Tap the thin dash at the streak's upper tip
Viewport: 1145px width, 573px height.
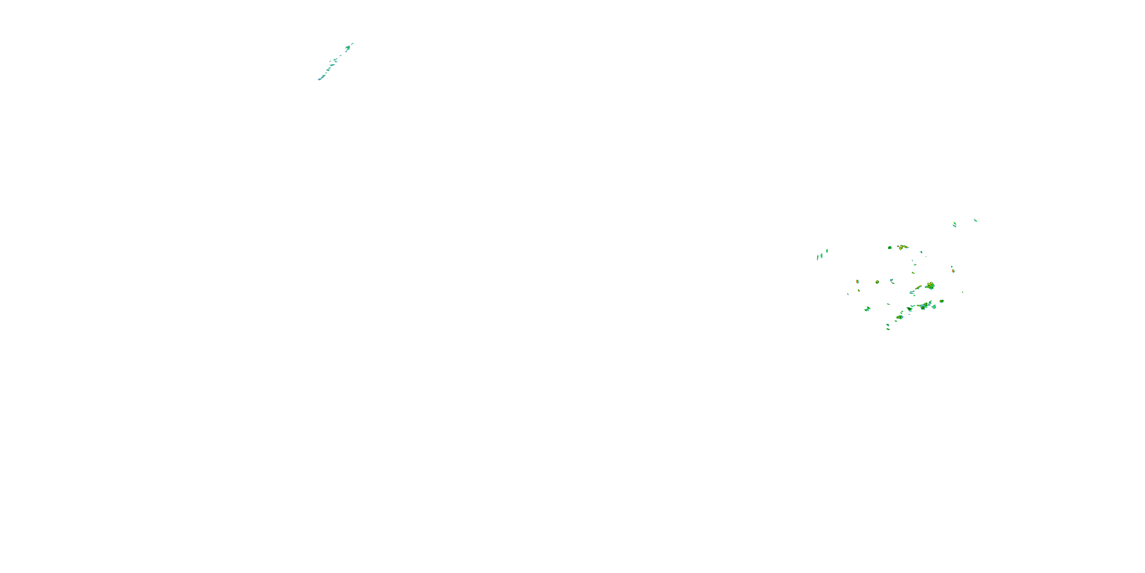pyautogui.click(x=352, y=44)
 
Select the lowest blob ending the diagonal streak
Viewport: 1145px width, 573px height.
pyautogui.click(x=319, y=79)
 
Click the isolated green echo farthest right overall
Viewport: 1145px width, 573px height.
pyautogui.click(x=975, y=220)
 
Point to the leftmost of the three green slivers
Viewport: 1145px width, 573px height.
pyautogui.click(x=818, y=257)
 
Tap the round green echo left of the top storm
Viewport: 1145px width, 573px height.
pyautogui.click(x=890, y=248)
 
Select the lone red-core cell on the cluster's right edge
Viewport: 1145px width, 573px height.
pyautogui.click(x=953, y=270)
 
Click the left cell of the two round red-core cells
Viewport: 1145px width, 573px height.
pyautogui.click(x=858, y=282)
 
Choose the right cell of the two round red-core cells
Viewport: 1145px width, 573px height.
pyautogui.click(x=877, y=282)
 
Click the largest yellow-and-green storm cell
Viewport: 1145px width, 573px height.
pyautogui.click(x=931, y=286)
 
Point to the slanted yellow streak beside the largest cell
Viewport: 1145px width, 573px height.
pyautogui.click(x=919, y=288)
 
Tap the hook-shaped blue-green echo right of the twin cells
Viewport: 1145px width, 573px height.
pyautogui.click(x=892, y=281)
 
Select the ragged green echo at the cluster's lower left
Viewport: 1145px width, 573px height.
pyautogui.click(x=867, y=309)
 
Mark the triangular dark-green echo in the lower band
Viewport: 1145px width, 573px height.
pyautogui.click(x=910, y=309)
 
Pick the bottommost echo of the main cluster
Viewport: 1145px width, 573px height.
pyautogui.click(x=888, y=329)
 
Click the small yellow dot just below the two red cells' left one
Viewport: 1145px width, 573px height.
pyautogui.click(x=859, y=290)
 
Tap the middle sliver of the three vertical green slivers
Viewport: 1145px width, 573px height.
pyautogui.click(x=821, y=255)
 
